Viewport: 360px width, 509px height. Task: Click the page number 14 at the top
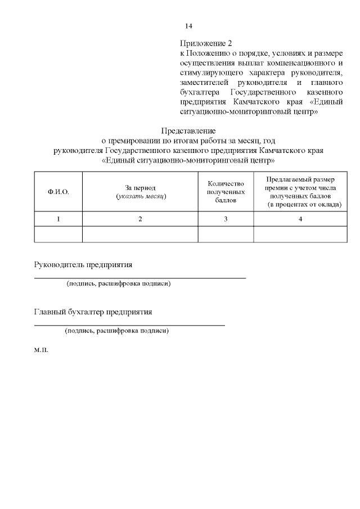tap(189, 26)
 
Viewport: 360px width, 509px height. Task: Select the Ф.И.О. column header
tap(58, 192)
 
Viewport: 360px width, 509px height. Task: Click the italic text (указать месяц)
tap(141, 196)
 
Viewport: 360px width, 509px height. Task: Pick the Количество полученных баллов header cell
tap(226, 192)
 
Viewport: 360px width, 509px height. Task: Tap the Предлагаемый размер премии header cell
tap(300, 192)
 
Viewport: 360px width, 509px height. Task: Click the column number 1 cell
tap(58, 219)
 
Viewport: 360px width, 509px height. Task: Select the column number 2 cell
tap(141, 219)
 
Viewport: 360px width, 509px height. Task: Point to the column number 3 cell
tap(226, 219)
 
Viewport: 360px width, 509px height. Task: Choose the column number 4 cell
tap(300, 219)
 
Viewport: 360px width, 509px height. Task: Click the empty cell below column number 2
tap(141, 234)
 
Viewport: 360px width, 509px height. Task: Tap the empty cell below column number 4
tap(300, 234)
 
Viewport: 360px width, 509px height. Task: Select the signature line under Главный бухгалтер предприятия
tap(129, 325)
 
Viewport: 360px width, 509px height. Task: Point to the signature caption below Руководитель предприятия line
tap(118, 283)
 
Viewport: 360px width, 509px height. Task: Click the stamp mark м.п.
tap(41, 350)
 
